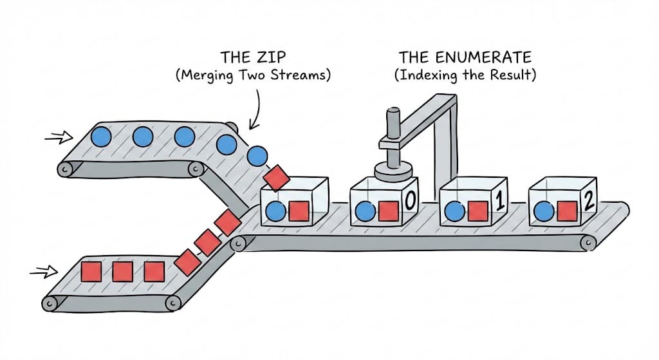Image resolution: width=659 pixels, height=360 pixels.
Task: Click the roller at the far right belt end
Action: pyautogui.click(x=588, y=243)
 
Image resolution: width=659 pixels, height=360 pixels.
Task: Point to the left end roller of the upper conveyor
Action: pyautogui.click(x=64, y=169)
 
